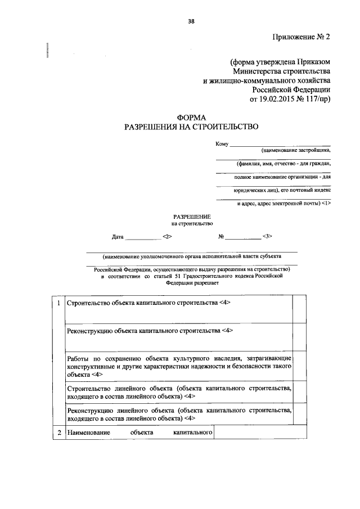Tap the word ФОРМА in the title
click(x=192, y=118)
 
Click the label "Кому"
click(x=222, y=145)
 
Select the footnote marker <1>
click(x=326, y=203)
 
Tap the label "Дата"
click(x=118, y=237)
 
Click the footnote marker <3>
click(x=267, y=237)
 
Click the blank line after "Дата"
click(x=142, y=238)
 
